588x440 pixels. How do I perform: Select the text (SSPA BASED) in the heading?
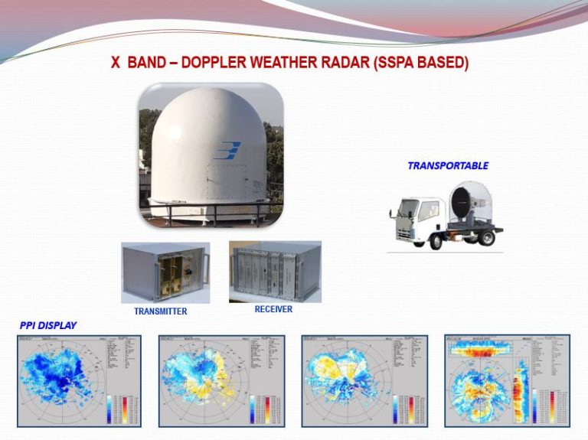point(420,63)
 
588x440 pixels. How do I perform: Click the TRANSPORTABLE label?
point(447,165)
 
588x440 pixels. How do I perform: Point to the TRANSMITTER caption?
point(160,311)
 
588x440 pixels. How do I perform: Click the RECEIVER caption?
point(273,309)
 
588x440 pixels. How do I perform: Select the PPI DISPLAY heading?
point(48,326)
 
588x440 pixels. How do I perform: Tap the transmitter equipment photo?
point(165,272)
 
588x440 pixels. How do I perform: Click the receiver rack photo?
point(275,271)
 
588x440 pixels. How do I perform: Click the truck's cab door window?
point(427,210)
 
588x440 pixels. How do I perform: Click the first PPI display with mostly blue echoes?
point(79,380)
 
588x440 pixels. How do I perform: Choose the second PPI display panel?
point(221,380)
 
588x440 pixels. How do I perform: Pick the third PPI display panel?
point(364,380)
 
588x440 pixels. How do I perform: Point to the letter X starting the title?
point(116,63)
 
